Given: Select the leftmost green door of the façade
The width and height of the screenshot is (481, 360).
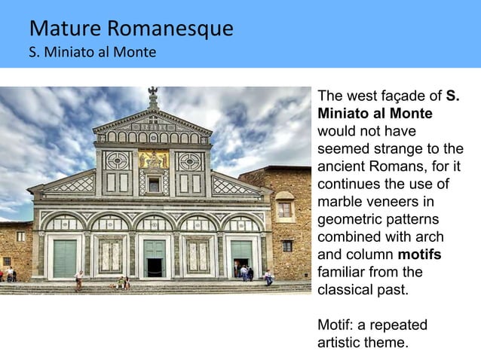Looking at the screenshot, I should (65, 258).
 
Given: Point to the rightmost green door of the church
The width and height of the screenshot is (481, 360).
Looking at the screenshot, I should (242, 254).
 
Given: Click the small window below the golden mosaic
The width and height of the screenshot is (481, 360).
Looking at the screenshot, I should (154, 185).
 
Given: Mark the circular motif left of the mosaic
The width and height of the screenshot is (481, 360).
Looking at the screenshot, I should (117, 160).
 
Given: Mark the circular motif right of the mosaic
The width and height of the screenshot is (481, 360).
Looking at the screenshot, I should (189, 160).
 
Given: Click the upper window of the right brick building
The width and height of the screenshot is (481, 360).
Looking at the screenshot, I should (284, 209).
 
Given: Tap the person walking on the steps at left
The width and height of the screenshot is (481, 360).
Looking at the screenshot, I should (79, 280).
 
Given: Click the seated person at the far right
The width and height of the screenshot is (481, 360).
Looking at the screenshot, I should (268, 278).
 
